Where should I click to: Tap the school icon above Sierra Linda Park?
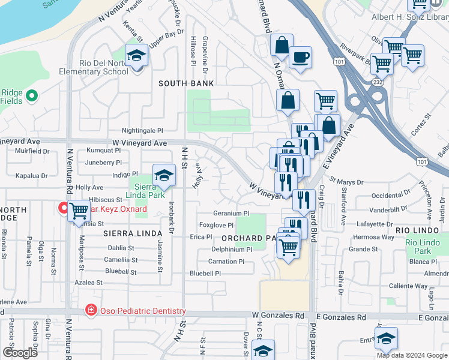click(163, 176)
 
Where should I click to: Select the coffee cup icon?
click(300, 58)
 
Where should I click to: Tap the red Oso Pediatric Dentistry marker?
click(90, 310)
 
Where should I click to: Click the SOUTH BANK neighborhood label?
click(186, 83)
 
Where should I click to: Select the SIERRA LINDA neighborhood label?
click(133, 233)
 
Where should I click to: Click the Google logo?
click(20, 353)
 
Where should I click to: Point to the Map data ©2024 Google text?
click(412, 355)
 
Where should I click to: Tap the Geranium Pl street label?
click(231, 213)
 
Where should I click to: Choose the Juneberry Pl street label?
click(104, 162)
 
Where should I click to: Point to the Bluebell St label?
click(121, 271)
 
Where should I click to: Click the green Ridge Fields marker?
click(33, 95)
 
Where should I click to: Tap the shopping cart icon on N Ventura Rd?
click(79, 211)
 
